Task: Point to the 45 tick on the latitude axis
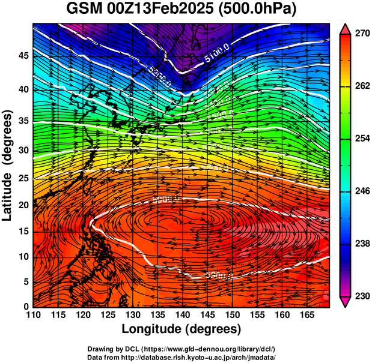[22, 56]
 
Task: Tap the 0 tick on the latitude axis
[26, 307]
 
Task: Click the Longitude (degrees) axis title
[181, 329]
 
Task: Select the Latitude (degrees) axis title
[9, 165]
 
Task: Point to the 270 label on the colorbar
[362, 34]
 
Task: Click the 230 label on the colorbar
[362, 296]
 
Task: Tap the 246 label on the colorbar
[362, 191]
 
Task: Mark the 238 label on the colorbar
[362, 244]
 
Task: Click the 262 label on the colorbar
[362, 86]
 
